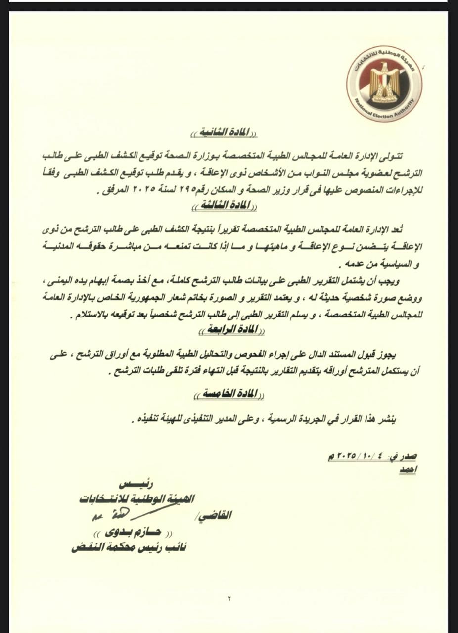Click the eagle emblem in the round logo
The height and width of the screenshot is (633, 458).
(x=384, y=80)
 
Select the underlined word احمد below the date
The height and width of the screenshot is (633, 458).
(x=407, y=470)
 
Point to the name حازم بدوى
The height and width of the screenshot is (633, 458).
(x=132, y=533)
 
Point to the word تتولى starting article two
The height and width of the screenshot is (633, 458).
(x=393, y=156)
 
